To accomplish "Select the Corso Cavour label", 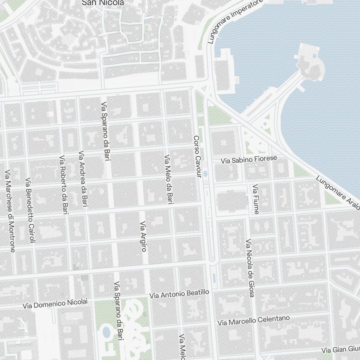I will [197, 157].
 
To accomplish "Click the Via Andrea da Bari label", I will [84, 179].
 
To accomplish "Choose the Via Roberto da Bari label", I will [64, 185].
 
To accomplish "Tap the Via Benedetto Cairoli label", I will [30, 210].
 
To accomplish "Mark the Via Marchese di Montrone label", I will [10, 211].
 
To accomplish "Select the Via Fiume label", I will [256, 199].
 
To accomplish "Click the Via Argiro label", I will [143, 236].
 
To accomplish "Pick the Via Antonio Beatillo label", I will [179, 294].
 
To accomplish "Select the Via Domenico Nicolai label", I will [55, 303].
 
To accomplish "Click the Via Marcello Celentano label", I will [254, 320].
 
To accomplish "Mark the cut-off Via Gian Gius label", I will [341, 349].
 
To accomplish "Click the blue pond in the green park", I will [106, 332].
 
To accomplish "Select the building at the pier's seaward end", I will [310, 61].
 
